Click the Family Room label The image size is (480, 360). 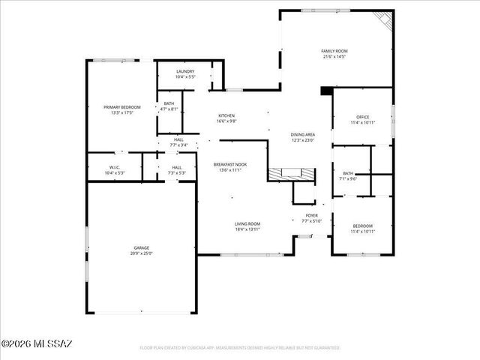click(335, 51)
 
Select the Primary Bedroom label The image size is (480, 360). click(122, 107)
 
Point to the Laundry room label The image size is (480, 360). click(184, 71)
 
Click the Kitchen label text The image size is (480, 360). click(226, 115)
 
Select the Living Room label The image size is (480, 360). click(247, 223)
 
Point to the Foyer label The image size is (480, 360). click(311, 215)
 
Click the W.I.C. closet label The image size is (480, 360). click(115, 167)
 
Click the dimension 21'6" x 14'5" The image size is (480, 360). click(335, 56)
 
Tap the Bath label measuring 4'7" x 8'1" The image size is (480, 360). click(169, 104)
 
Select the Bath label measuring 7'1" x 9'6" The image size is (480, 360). click(349, 173)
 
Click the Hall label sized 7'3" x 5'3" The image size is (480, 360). click(176, 167)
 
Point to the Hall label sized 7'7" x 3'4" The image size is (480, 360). click(178, 139)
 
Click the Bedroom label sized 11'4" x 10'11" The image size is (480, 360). click(362, 226)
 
